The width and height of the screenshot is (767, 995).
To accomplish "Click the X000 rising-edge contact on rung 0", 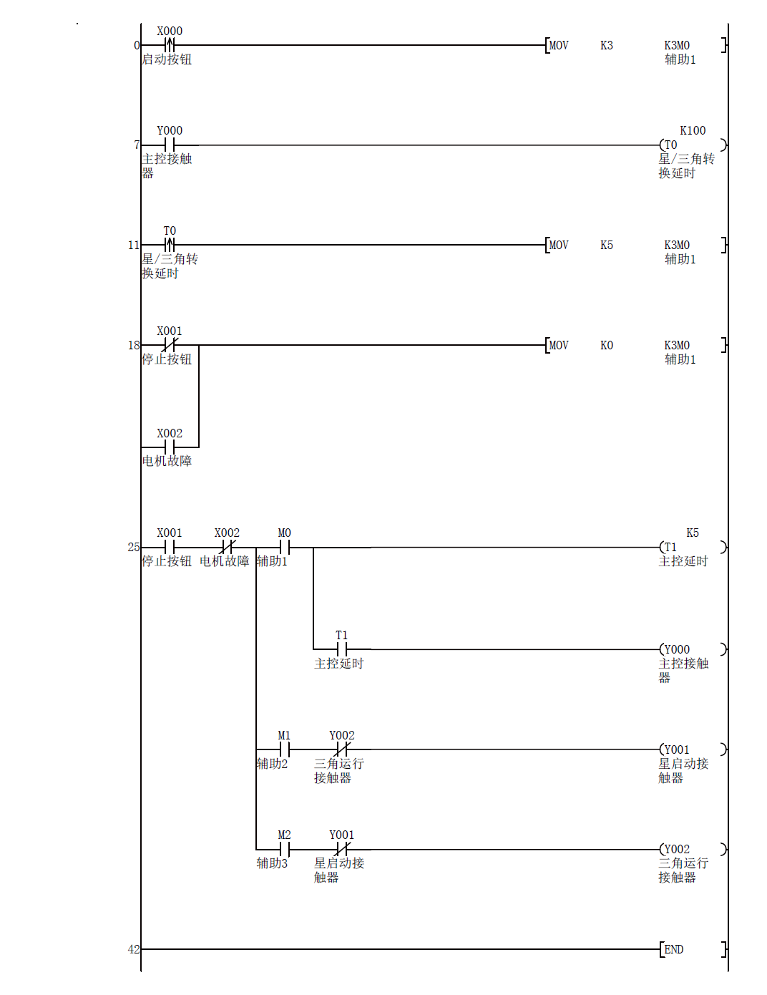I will tap(170, 45).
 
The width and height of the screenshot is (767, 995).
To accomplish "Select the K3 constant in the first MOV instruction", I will tap(606, 45).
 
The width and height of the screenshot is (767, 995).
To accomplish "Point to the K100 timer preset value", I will tap(692, 130).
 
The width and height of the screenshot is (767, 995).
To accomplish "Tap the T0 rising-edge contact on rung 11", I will tap(170, 245).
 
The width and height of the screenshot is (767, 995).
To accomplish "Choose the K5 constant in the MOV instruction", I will tap(606, 245).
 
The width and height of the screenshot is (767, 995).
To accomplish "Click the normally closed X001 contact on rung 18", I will tap(170, 345).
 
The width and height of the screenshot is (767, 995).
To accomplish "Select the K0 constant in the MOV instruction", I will tap(606, 345).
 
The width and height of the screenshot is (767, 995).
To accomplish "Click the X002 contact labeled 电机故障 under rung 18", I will tap(170, 447).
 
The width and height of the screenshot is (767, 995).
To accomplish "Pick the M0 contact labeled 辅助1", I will tap(284, 548).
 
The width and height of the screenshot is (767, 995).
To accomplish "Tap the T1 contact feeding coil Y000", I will tap(341, 649).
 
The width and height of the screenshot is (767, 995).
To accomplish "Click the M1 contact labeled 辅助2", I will tap(284, 749).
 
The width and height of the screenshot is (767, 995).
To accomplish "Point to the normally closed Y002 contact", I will tap(341, 749).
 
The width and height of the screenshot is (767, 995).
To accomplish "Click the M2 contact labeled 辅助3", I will tap(284, 850).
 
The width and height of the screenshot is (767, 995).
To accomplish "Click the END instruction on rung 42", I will tap(673, 949).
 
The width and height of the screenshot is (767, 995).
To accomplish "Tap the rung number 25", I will tap(134, 548).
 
